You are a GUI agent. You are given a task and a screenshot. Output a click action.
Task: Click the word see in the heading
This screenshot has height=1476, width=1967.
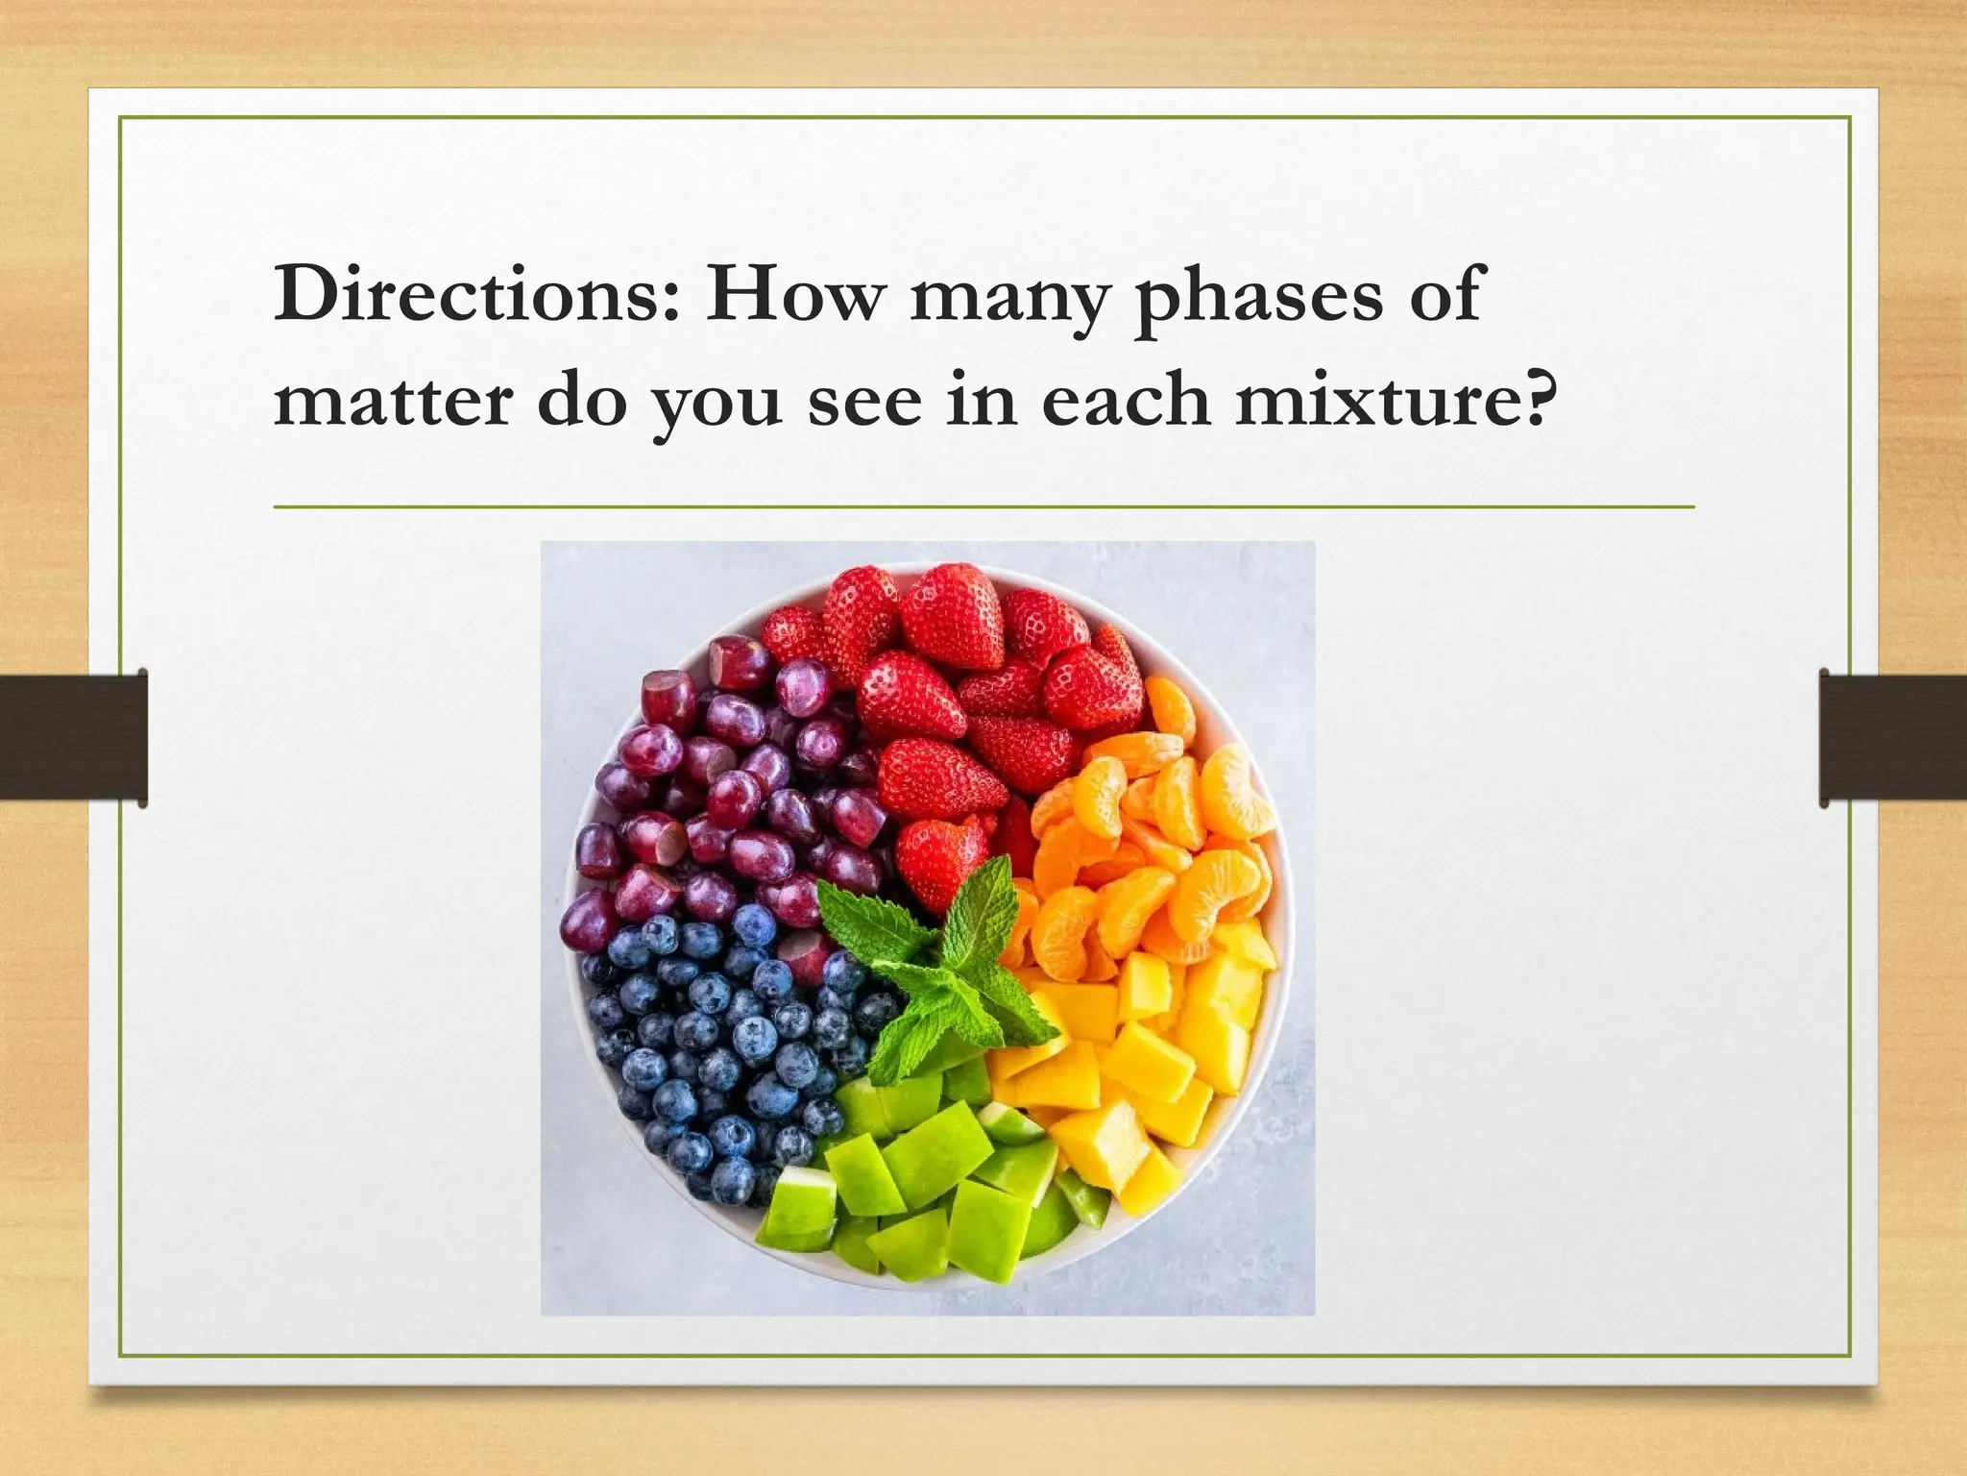pos(864,404)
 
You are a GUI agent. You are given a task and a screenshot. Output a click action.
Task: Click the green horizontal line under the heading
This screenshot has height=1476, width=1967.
pos(983,506)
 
